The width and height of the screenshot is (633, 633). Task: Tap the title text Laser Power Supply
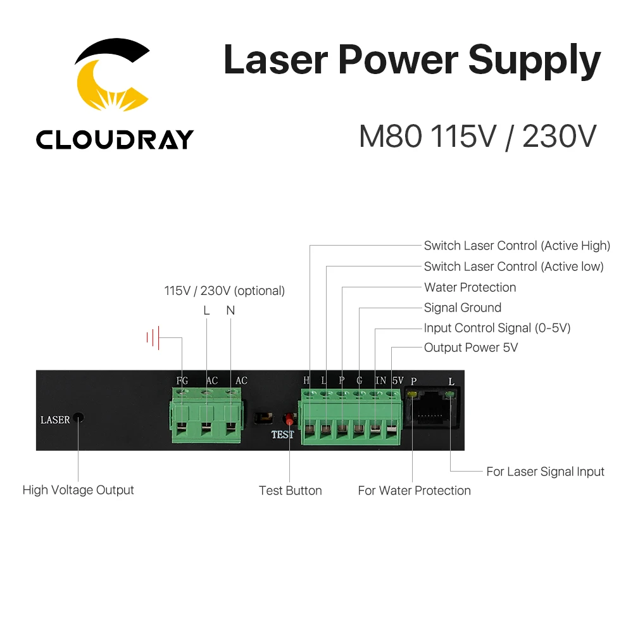click(412, 60)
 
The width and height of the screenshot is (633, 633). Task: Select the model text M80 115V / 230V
click(477, 137)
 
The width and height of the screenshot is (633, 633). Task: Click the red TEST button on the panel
click(289, 420)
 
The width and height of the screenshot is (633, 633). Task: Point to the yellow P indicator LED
click(412, 394)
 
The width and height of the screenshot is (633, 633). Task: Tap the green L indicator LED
click(449, 394)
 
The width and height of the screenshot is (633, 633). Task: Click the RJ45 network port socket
click(430, 408)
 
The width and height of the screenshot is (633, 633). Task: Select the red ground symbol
click(153, 337)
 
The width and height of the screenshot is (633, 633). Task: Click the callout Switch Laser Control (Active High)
click(517, 246)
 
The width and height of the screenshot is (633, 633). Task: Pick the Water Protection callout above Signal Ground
click(470, 287)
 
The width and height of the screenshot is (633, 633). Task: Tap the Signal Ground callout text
click(463, 308)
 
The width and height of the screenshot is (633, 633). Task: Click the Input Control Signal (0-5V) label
click(497, 328)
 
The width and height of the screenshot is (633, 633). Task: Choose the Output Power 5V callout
click(471, 348)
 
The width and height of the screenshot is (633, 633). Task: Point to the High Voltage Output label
click(78, 490)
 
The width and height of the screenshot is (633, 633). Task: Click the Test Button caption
click(291, 491)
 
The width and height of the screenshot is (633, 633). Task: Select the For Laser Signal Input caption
click(545, 472)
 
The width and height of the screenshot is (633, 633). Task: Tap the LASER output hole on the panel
click(79, 418)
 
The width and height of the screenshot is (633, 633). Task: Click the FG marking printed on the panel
click(182, 380)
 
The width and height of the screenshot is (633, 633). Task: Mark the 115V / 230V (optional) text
click(225, 291)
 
